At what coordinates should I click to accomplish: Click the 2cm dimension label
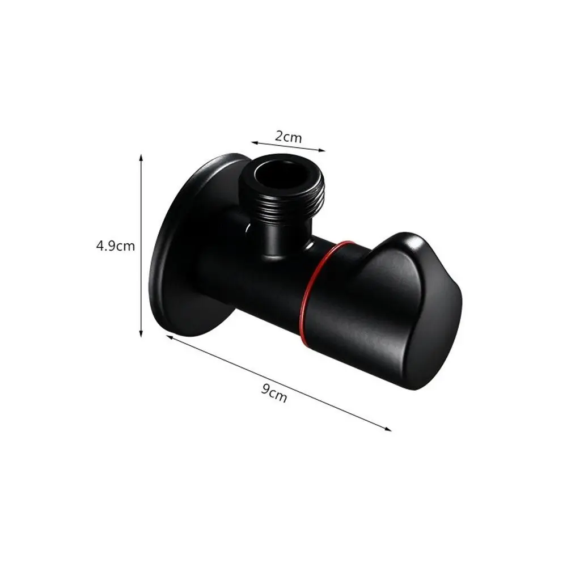(x=289, y=137)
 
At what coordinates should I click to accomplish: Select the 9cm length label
(x=274, y=392)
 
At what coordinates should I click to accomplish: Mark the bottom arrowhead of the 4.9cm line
(x=141, y=336)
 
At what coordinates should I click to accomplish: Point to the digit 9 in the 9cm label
(x=265, y=390)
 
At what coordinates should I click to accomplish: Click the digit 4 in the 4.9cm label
(x=99, y=246)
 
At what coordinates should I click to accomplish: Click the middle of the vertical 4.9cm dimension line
(x=141, y=246)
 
